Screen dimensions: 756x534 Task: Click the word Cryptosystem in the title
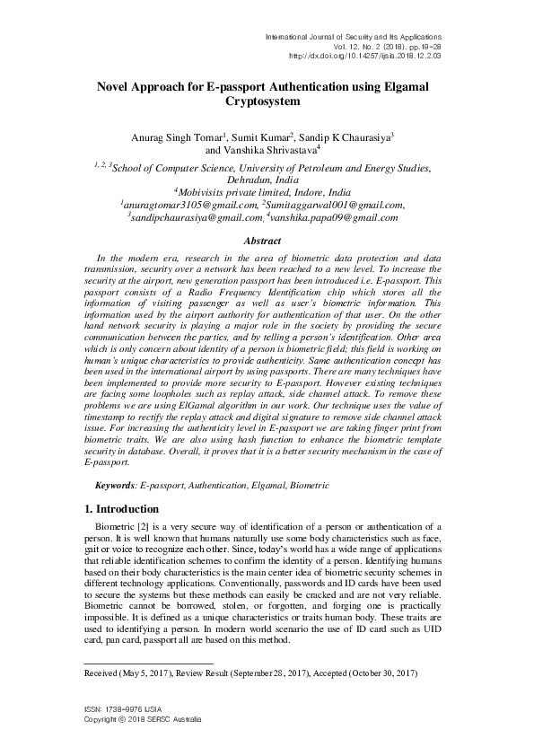266,102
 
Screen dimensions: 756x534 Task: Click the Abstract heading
266,242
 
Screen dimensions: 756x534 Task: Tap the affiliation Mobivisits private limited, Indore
265,192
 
